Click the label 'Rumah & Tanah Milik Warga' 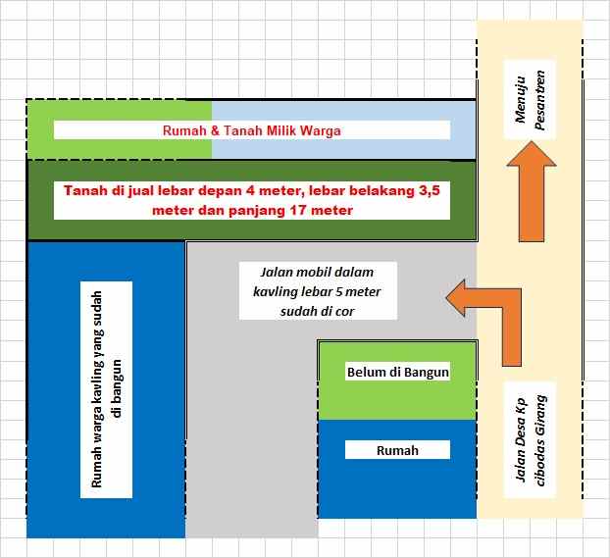[x=252, y=129]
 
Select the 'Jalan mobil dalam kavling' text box [x=318, y=289]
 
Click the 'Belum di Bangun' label [x=397, y=372]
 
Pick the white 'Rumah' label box [x=397, y=450]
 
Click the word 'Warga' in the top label [x=322, y=129]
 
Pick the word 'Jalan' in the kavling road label [x=279, y=270]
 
